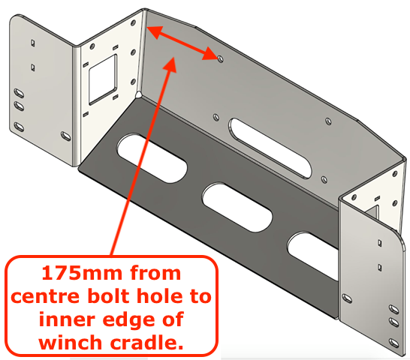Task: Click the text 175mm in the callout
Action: pos(82,273)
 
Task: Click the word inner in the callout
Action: pos(67,319)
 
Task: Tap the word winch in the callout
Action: pos(70,343)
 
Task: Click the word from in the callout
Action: pos(155,273)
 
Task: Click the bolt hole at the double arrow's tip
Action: pos(220,59)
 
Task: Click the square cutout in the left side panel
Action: pos(103,79)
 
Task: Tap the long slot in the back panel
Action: pos(270,148)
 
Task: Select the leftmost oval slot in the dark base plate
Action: pos(152,158)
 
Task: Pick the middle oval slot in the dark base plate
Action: pos(237,207)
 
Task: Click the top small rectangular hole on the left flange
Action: pos(33,43)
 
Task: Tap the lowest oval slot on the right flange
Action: pos(393,343)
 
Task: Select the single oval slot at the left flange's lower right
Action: pos(65,136)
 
